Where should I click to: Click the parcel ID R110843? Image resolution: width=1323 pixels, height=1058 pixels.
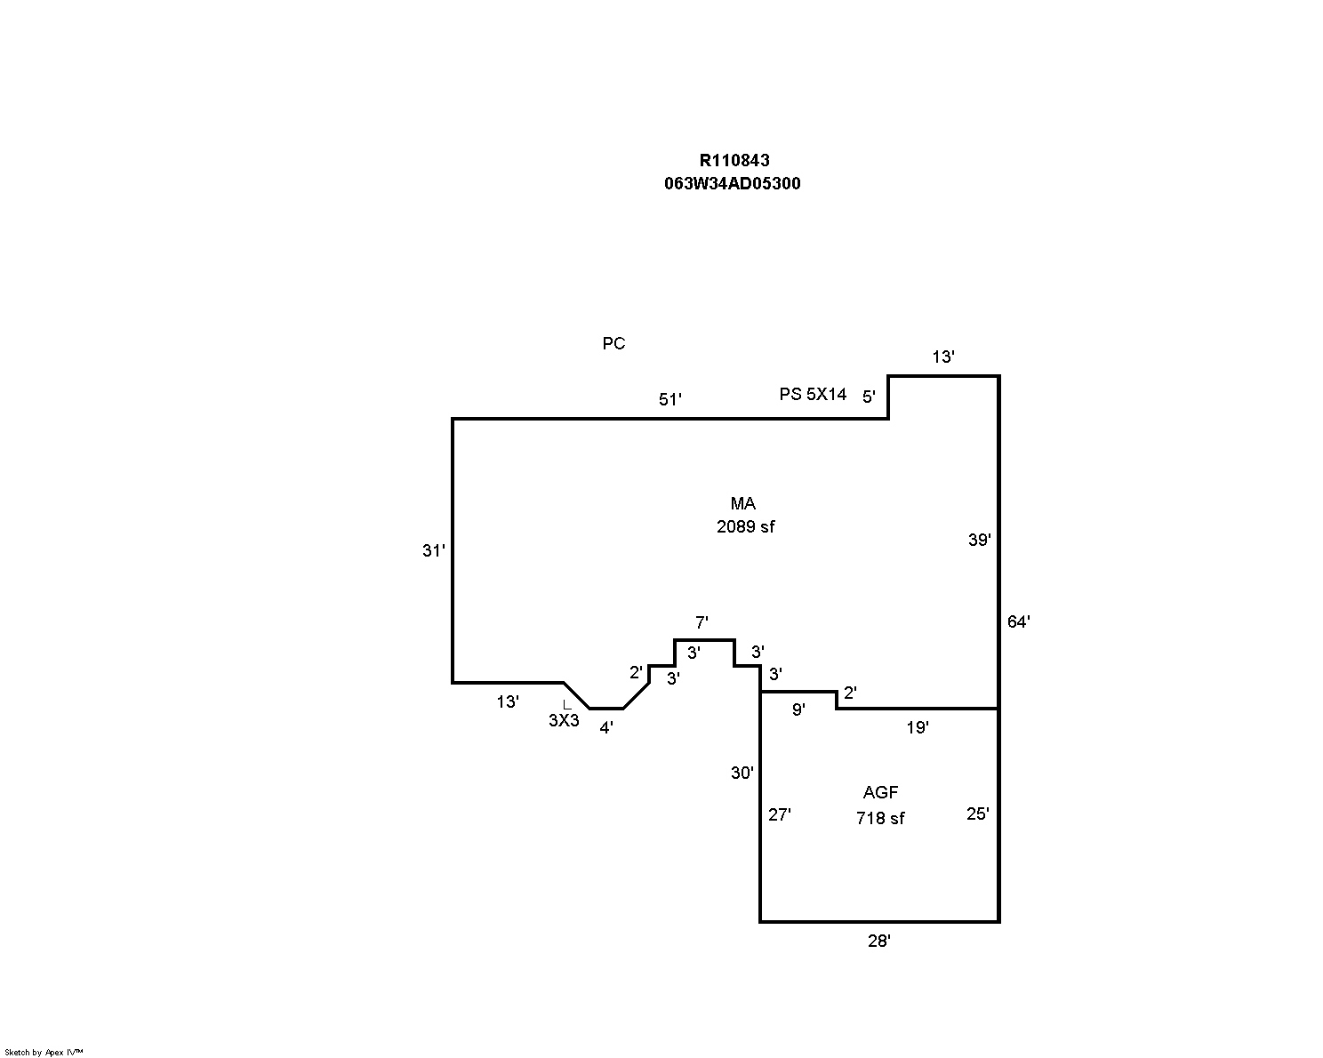click(734, 161)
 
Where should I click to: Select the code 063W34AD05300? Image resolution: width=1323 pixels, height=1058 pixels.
click(732, 184)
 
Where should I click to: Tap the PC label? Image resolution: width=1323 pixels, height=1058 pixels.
click(613, 344)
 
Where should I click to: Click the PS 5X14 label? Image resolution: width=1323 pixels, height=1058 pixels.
click(813, 394)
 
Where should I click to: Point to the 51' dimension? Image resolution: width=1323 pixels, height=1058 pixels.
click(670, 400)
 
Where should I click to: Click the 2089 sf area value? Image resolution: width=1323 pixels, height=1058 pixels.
click(745, 526)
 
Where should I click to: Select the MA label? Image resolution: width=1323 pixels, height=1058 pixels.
click(742, 504)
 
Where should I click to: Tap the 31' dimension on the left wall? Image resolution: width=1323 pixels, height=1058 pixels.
click(433, 551)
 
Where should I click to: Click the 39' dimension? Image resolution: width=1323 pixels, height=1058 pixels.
click(979, 540)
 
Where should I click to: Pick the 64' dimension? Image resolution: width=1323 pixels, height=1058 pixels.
click(1018, 622)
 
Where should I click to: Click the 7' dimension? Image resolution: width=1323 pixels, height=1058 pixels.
click(702, 623)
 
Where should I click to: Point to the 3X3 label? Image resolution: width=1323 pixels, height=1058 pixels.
click(564, 721)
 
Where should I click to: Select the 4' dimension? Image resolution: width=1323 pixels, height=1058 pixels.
click(605, 728)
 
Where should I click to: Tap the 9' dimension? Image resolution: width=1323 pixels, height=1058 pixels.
click(798, 709)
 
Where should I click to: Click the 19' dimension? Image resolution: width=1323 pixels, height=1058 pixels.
click(918, 727)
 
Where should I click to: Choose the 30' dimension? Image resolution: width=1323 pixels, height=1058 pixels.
click(742, 773)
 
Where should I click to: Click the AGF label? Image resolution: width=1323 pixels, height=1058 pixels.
click(880, 793)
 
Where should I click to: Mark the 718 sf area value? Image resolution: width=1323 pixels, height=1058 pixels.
click(880, 818)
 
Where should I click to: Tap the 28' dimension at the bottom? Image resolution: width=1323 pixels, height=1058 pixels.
click(878, 942)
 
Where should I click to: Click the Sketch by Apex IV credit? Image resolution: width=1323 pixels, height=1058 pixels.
click(44, 1052)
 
